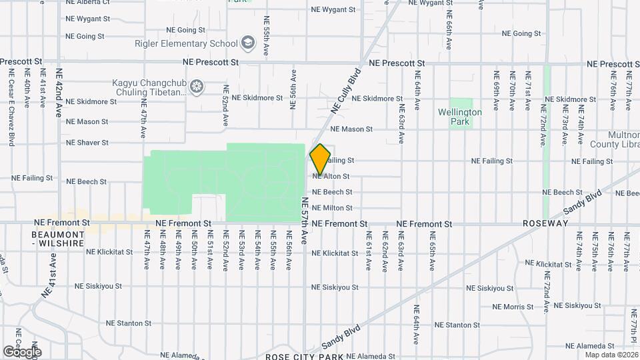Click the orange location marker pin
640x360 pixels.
coord(320,159)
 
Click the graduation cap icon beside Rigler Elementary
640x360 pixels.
coord(248,43)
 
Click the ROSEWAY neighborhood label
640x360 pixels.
coord(545,223)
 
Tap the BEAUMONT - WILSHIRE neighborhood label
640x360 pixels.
coord(58,239)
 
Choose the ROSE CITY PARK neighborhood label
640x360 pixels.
coord(304,356)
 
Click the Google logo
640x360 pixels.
coord(22,351)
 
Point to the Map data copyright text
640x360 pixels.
coord(611,355)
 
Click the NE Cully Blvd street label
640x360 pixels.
coord(345,89)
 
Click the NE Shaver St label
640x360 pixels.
coord(87,143)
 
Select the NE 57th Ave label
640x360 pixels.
coord(305,221)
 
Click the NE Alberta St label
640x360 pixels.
coord(88,2)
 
